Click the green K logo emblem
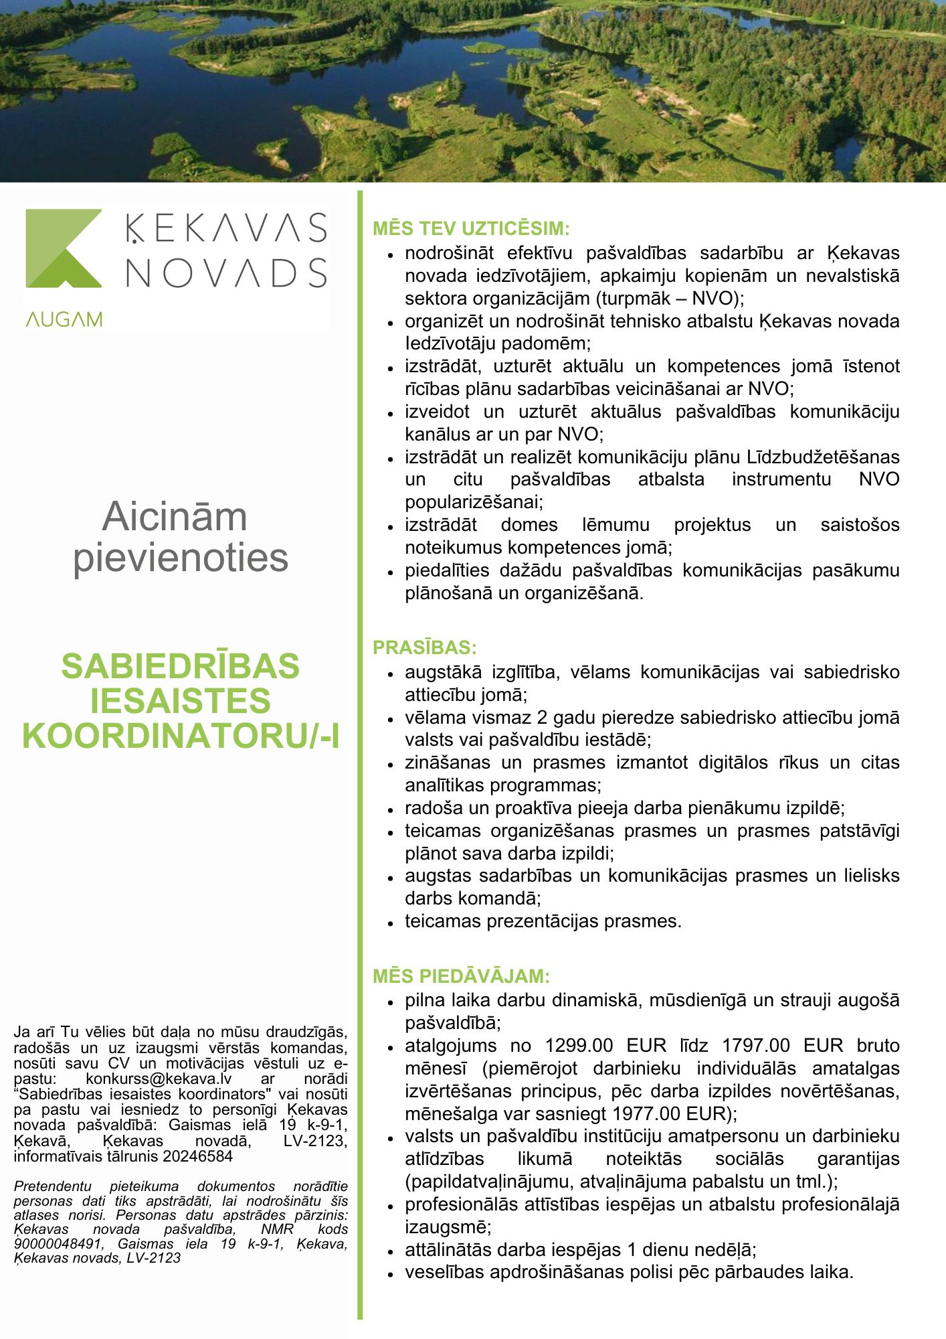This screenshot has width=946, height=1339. [64, 248]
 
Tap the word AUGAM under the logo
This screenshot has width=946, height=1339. [64, 319]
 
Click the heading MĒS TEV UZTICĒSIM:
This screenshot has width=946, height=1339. [471, 228]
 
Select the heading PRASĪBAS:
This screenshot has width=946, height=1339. [425, 647]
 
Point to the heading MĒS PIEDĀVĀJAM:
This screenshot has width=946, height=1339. [461, 975]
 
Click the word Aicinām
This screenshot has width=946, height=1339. [175, 516]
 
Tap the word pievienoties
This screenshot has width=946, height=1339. [181, 557]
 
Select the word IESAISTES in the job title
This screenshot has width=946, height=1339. [181, 700]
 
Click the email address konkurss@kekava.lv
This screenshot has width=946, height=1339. [159, 1079]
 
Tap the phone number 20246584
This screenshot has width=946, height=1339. [198, 1156]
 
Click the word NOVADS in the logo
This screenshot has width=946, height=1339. [226, 272]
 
